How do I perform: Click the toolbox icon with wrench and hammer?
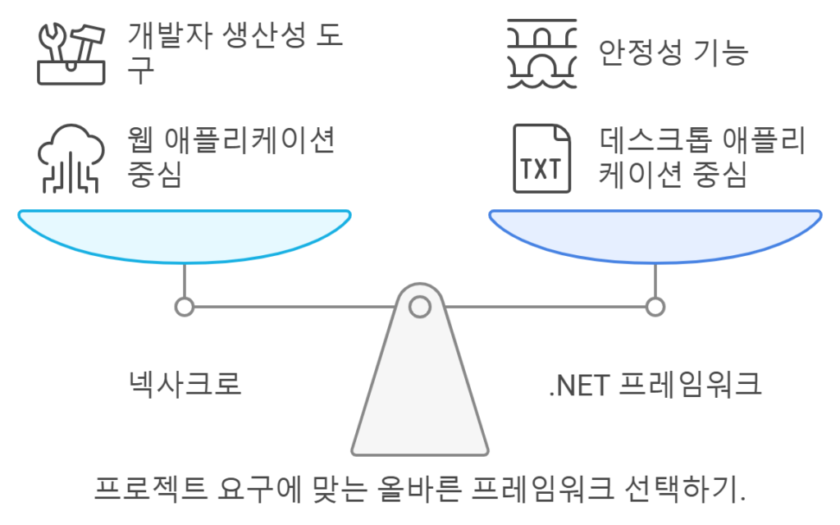point(71,53)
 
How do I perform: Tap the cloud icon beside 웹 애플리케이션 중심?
point(71,158)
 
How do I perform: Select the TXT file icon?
point(541,158)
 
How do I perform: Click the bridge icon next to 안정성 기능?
point(541,53)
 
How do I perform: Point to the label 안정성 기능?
point(673,52)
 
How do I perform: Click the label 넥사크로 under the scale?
point(185,384)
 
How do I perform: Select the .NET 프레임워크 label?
point(655,384)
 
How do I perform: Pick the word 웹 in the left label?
point(140,140)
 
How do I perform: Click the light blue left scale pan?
point(185,235)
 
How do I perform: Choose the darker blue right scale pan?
point(655,235)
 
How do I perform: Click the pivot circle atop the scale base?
point(420,307)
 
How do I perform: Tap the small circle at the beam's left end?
point(185,307)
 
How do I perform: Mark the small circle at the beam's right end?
point(655,307)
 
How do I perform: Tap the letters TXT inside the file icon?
point(541,169)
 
